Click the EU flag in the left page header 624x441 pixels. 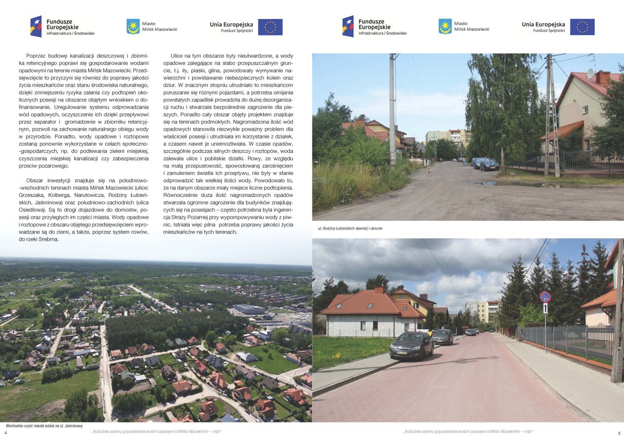tap(270, 27)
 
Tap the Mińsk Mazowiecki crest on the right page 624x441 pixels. tap(445, 26)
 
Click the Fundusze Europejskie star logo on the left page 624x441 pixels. tap(36, 26)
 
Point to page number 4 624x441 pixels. tap(5, 433)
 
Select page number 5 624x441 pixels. tap(619, 433)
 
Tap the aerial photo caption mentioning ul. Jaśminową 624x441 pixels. tap(44, 425)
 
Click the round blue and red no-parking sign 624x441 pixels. tap(545, 297)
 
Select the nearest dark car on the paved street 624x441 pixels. tap(411, 345)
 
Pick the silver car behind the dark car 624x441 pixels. tap(442, 336)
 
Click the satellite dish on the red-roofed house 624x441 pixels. tap(590, 73)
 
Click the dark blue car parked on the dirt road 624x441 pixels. tap(489, 165)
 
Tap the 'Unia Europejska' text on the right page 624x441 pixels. tap(543, 24)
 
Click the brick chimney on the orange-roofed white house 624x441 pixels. tap(378, 290)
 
